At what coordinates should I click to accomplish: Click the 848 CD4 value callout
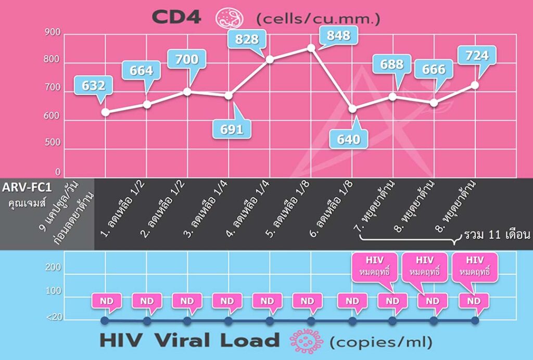point(338,36)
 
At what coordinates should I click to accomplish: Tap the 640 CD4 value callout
point(349,139)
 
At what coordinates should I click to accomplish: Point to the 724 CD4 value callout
point(476,55)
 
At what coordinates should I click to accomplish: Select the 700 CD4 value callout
point(186,59)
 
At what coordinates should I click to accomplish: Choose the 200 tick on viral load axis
point(55,268)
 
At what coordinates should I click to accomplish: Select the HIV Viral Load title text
point(189,341)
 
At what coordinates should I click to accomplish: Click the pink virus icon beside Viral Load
point(306,341)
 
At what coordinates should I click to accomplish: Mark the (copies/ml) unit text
point(381,342)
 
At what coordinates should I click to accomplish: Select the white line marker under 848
point(311,48)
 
